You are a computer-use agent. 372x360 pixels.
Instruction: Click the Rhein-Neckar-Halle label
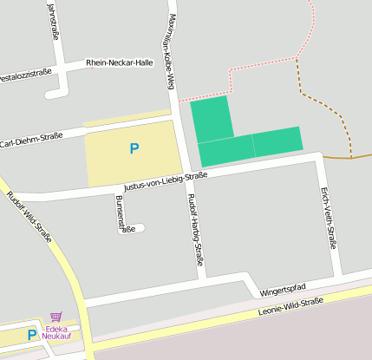coord(119,62)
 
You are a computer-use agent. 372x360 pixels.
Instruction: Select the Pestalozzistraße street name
coord(25,75)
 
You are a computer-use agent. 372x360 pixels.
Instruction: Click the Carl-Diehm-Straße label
coord(32,140)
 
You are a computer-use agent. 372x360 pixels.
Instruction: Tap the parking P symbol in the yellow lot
coord(134,149)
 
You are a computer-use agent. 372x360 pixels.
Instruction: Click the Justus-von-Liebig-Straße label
coord(166,180)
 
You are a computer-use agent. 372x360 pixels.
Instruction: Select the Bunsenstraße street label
coord(126,214)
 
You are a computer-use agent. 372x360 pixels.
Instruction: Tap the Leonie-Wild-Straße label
coord(291,306)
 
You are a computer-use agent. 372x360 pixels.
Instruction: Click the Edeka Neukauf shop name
coord(59,332)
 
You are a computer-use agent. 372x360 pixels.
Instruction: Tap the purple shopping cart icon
coord(56,317)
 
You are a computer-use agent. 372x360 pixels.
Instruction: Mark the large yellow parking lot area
coord(113,165)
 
